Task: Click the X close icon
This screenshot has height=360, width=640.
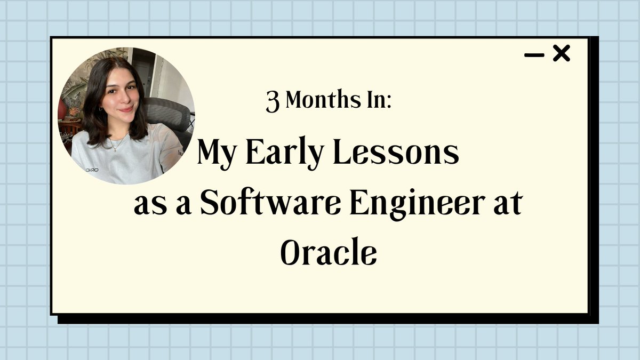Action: click(561, 53)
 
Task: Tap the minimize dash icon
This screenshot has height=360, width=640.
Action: click(534, 55)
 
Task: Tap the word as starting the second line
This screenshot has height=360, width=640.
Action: click(148, 206)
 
